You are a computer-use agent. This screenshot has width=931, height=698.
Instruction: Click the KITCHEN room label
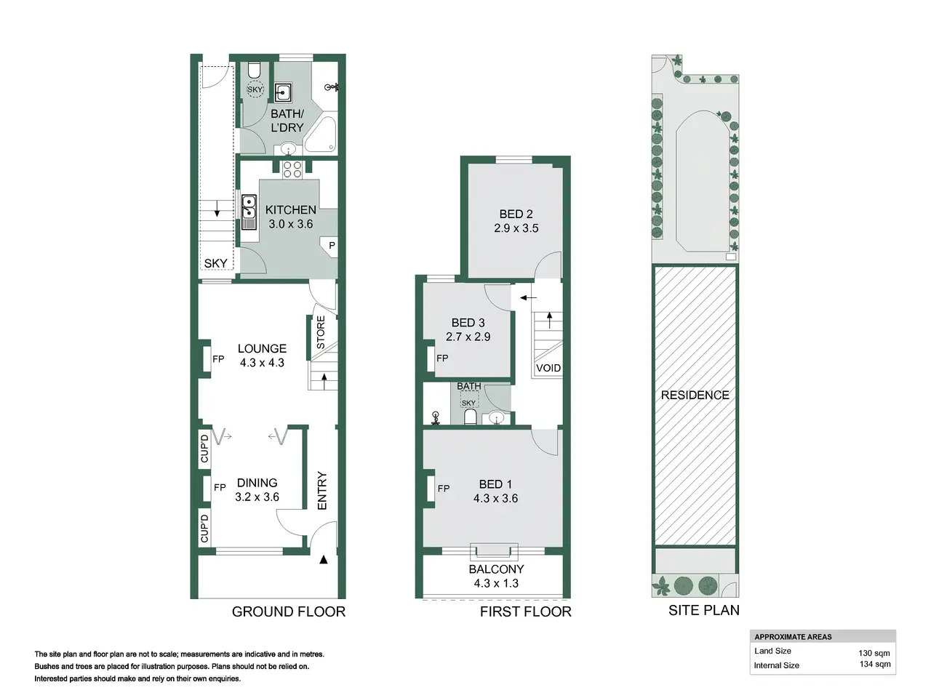(290, 210)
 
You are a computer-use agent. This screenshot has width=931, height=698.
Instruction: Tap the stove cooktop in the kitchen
(292, 169)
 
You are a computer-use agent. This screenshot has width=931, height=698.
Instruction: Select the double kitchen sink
(249, 212)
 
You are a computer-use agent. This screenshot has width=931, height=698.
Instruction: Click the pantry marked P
(331, 246)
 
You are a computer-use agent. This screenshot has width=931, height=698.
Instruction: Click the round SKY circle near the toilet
(255, 89)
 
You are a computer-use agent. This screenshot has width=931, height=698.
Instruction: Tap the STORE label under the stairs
(321, 332)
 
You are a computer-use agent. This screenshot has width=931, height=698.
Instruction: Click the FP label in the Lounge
(218, 359)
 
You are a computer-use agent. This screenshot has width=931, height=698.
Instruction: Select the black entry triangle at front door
(324, 559)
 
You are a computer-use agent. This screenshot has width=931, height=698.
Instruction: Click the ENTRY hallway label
(322, 490)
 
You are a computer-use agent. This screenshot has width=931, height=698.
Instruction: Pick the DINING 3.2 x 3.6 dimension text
(257, 497)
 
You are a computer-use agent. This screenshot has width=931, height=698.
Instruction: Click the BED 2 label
(516, 214)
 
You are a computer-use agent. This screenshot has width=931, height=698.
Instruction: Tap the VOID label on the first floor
(548, 368)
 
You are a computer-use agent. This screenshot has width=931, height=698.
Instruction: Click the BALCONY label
(496, 569)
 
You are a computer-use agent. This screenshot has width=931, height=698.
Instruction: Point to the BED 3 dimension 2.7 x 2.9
(468, 337)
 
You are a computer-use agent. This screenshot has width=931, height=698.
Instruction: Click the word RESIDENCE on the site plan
(695, 395)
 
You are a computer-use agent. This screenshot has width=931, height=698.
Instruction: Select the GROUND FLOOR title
(289, 611)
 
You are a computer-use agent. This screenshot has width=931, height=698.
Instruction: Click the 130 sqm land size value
(874, 653)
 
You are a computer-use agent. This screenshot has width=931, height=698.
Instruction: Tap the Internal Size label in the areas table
(776, 665)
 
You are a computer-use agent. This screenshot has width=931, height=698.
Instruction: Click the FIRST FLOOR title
(526, 611)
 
